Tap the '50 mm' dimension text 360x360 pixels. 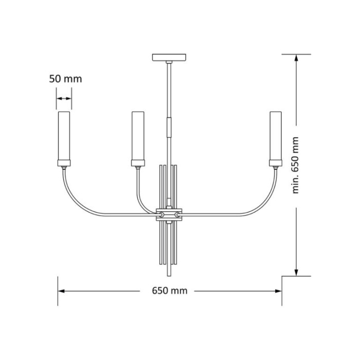click(x=65, y=79)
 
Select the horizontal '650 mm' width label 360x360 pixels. click(x=170, y=291)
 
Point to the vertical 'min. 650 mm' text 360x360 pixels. click(x=295, y=165)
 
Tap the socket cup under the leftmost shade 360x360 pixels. click(x=64, y=164)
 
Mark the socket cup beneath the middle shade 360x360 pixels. click(x=138, y=164)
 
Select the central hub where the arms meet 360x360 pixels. click(x=169, y=213)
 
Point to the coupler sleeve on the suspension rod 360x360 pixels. click(x=169, y=127)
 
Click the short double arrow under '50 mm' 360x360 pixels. click(x=64, y=98)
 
